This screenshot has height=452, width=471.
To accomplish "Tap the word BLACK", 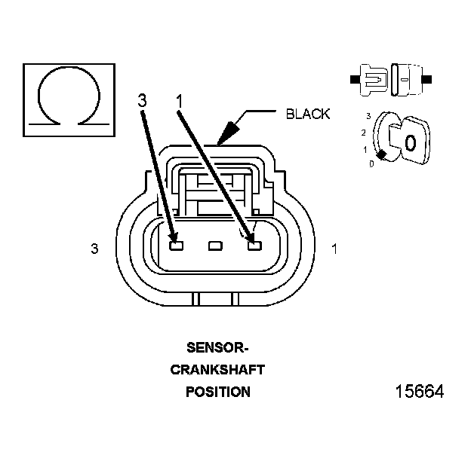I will (x=308, y=115).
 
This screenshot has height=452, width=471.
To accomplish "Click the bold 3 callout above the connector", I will (x=143, y=101).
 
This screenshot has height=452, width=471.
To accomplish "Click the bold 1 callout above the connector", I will (x=180, y=101).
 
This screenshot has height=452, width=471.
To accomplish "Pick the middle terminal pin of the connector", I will (x=215, y=246).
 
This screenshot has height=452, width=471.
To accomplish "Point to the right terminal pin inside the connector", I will (x=254, y=246).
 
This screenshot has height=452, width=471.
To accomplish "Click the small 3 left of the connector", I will (x=94, y=249).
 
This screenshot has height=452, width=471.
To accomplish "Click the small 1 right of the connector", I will (x=334, y=249).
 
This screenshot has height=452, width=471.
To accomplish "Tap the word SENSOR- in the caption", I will (x=217, y=348).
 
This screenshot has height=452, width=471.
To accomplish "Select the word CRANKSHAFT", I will (x=217, y=370).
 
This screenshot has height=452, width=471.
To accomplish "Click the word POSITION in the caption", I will (x=217, y=392).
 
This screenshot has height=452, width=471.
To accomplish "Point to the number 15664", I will (x=419, y=393).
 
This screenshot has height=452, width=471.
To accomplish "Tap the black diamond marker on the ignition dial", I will (x=383, y=154).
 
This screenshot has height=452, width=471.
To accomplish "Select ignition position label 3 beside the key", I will (x=368, y=117).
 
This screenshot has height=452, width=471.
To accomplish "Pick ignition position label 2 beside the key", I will (x=364, y=133).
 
